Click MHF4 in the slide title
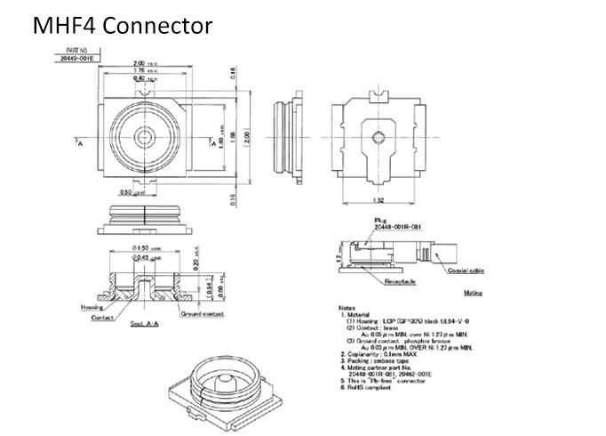click(65, 26)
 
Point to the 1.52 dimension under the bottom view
click(378, 200)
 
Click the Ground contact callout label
click(201, 314)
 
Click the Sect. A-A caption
click(146, 324)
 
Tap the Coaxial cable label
click(465, 270)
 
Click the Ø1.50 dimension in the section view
click(145, 246)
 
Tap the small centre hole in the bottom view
click(379, 136)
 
